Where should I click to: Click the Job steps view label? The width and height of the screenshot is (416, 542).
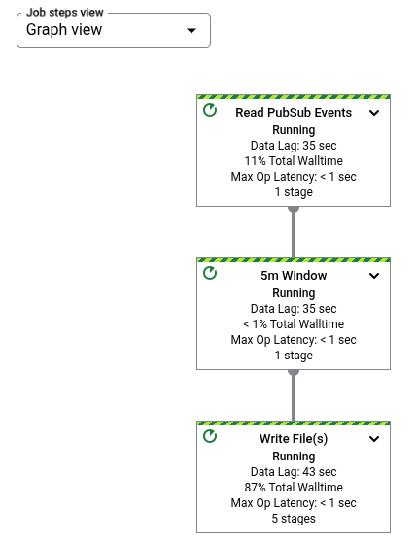pyautogui.click(x=66, y=13)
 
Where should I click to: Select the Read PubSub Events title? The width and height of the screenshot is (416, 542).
pyautogui.click(x=294, y=113)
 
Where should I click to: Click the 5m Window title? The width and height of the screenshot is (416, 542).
pyautogui.click(x=294, y=276)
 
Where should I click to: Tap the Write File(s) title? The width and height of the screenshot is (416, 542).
pyautogui.click(x=294, y=439)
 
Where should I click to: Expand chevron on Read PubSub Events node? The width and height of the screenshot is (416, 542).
pyautogui.click(x=374, y=113)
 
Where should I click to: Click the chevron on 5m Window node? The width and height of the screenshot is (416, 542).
pyautogui.click(x=374, y=276)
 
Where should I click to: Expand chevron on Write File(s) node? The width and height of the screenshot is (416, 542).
pyautogui.click(x=374, y=439)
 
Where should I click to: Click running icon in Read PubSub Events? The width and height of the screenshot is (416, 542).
pyautogui.click(x=210, y=112)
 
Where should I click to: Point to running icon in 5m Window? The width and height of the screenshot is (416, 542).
pyautogui.click(x=210, y=275)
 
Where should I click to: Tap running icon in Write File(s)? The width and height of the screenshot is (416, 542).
pyautogui.click(x=210, y=438)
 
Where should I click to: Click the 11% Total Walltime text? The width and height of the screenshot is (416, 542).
pyautogui.click(x=294, y=161)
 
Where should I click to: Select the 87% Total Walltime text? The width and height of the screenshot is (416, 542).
pyautogui.click(x=294, y=488)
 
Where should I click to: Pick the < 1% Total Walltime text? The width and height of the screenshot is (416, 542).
pyautogui.click(x=294, y=324)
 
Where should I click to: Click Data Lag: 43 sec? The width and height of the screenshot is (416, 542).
pyautogui.click(x=294, y=472)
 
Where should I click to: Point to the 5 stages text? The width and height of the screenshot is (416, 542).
pyautogui.click(x=294, y=519)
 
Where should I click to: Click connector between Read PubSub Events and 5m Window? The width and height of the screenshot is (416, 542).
pyautogui.click(x=294, y=232)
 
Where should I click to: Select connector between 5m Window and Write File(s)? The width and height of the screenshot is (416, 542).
pyautogui.click(x=294, y=395)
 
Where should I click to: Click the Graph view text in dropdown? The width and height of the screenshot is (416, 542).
pyautogui.click(x=64, y=30)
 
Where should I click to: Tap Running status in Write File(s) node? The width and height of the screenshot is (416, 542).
pyautogui.click(x=294, y=457)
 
